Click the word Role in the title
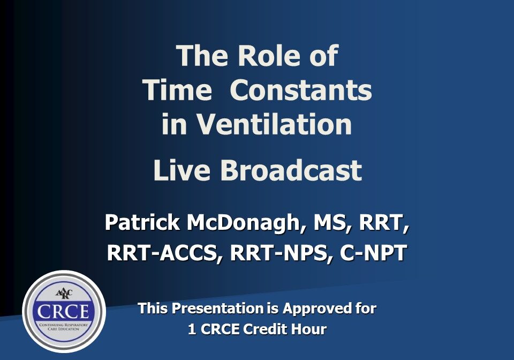[269, 55]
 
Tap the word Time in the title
[177, 90]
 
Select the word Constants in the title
[301, 90]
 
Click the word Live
[182, 170]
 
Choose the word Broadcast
[291, 170]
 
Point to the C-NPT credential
[373, 253]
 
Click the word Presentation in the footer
[218, 308]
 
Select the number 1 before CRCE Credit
[192, 329]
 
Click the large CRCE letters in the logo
[63, 311]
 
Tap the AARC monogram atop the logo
[64, 293]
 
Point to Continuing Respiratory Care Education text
[64, 327]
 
